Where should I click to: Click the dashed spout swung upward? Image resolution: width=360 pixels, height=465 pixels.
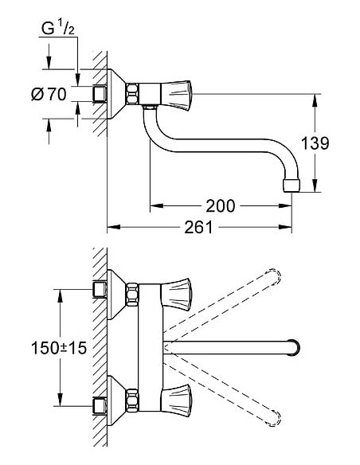click(239, 303)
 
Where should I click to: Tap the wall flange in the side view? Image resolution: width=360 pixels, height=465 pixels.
click(119, 93)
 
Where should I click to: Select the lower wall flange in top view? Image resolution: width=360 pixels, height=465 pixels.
click(119, 404)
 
